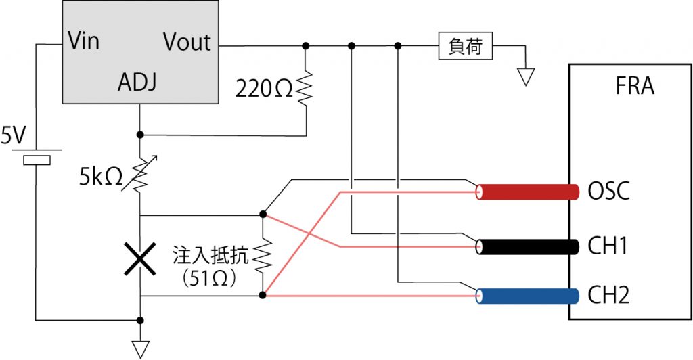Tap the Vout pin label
coord(187,42)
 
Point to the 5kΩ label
coord(100,177)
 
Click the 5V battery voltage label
coord(13,137)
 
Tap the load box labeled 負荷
coord(465,47)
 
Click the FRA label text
coord(635,87)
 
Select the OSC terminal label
coord(609,192)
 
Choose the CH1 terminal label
coord(608,246)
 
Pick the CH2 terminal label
coord(608,296)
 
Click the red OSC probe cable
coord(528,192)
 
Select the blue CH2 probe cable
coord(528,296)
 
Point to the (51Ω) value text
coord(209,279)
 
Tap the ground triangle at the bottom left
coord(139,349)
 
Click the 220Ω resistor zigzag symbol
coord(306,89)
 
